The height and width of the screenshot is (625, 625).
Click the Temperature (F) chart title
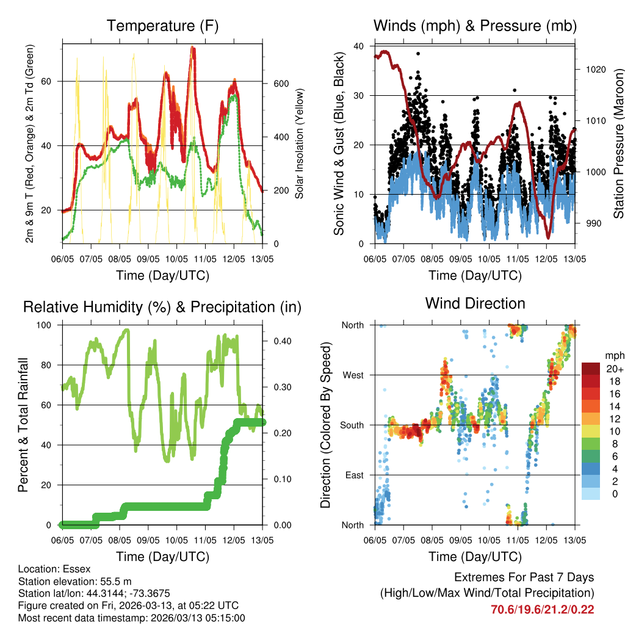(x=162, y=26)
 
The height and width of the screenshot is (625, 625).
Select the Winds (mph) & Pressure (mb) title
(x=475, y=26)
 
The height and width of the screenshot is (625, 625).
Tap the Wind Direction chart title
(x=475, y=303)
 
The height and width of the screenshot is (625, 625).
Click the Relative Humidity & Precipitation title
(x=162, y=307)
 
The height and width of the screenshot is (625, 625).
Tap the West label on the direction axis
(x=353, y=375)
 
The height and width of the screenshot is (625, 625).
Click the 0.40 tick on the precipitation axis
(x=281, y=341)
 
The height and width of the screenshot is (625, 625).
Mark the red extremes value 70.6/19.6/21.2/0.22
(x=543, y=609)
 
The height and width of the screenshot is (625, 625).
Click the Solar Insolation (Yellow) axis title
(x=300, y=144)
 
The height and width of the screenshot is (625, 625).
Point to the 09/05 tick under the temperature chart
(x=148, y=259)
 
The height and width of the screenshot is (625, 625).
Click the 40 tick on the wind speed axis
(x=359, y=46)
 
